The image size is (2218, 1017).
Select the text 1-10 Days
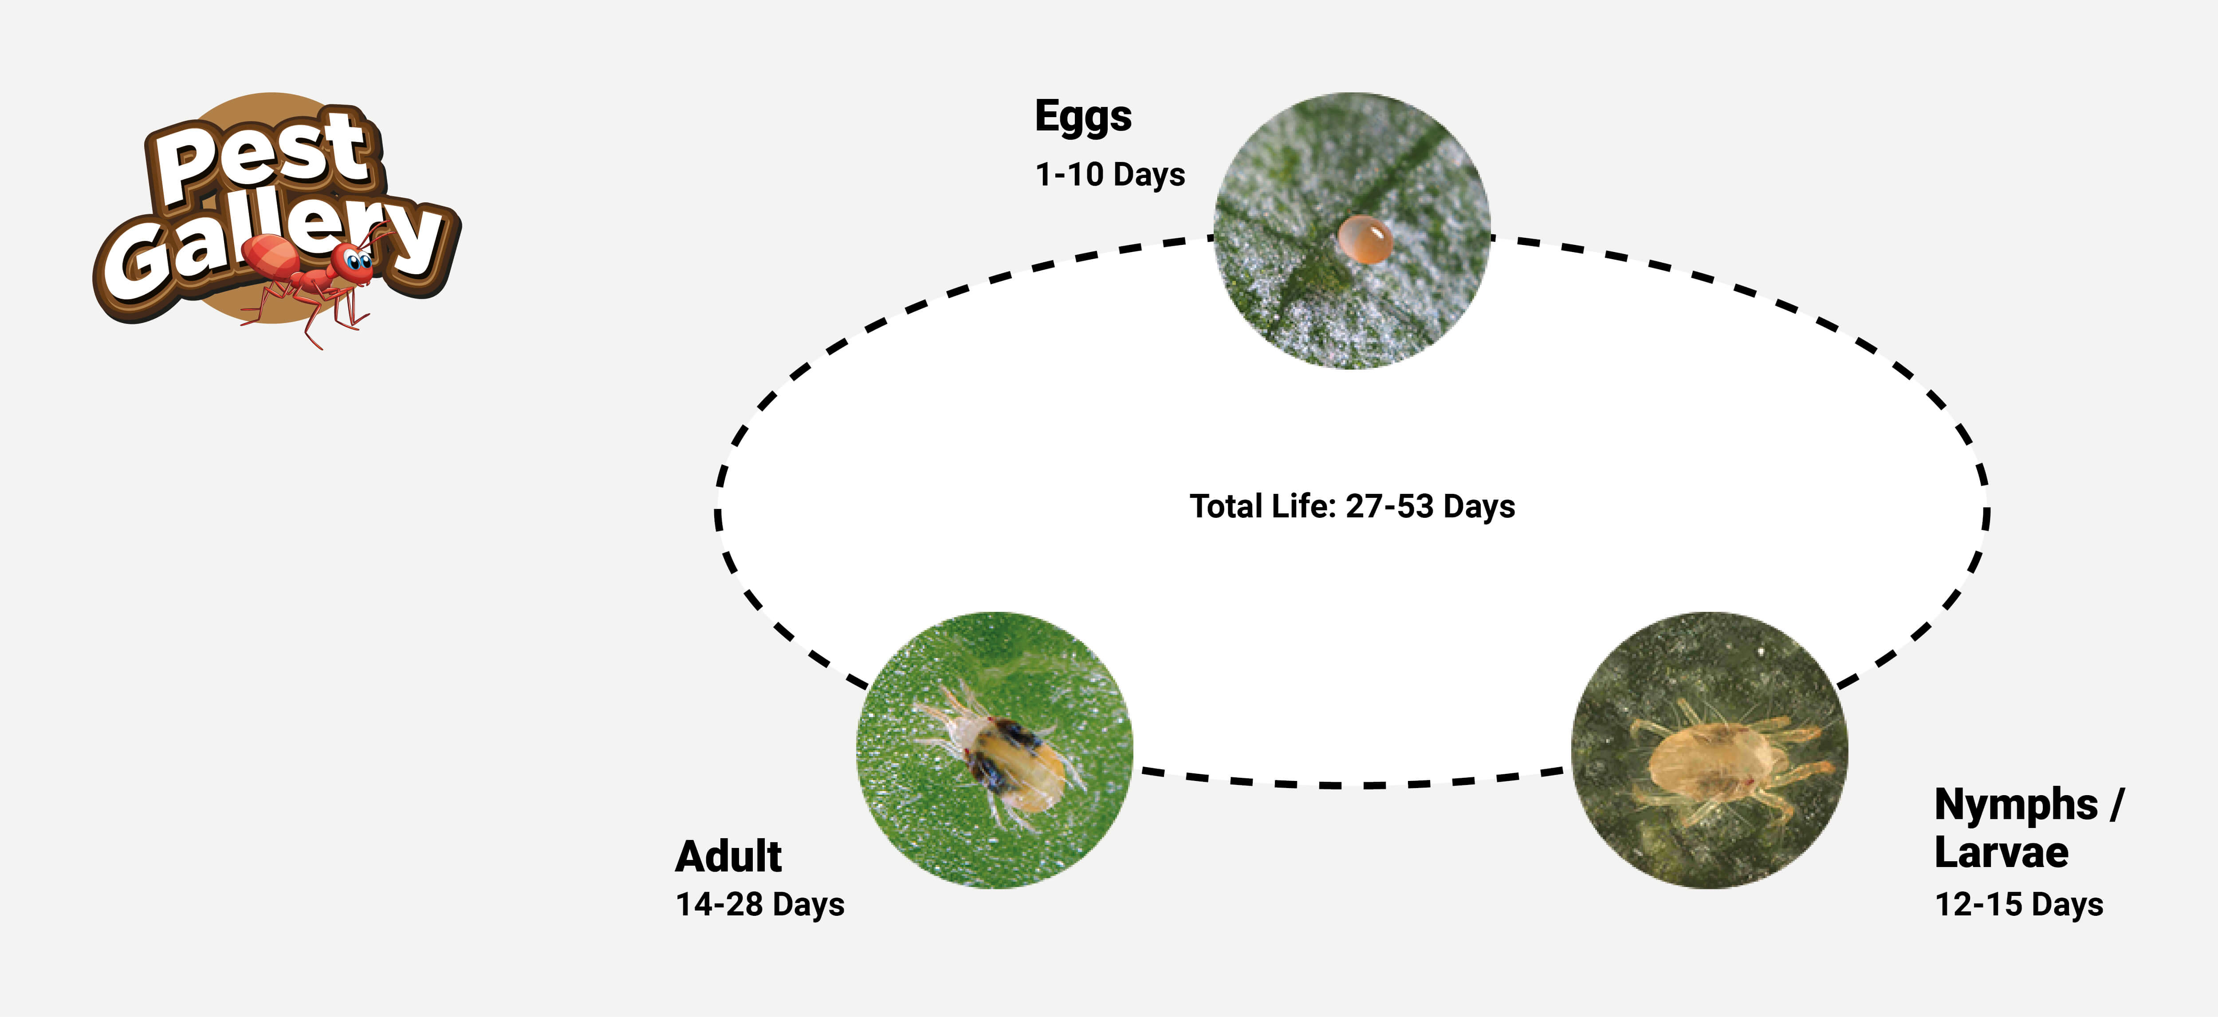pyautogui.click(x=1110, y=174)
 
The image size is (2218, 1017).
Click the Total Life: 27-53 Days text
pyautogui.click(x=1352, y=506)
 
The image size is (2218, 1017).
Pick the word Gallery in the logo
pyautogui.click(x=275, y=245)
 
